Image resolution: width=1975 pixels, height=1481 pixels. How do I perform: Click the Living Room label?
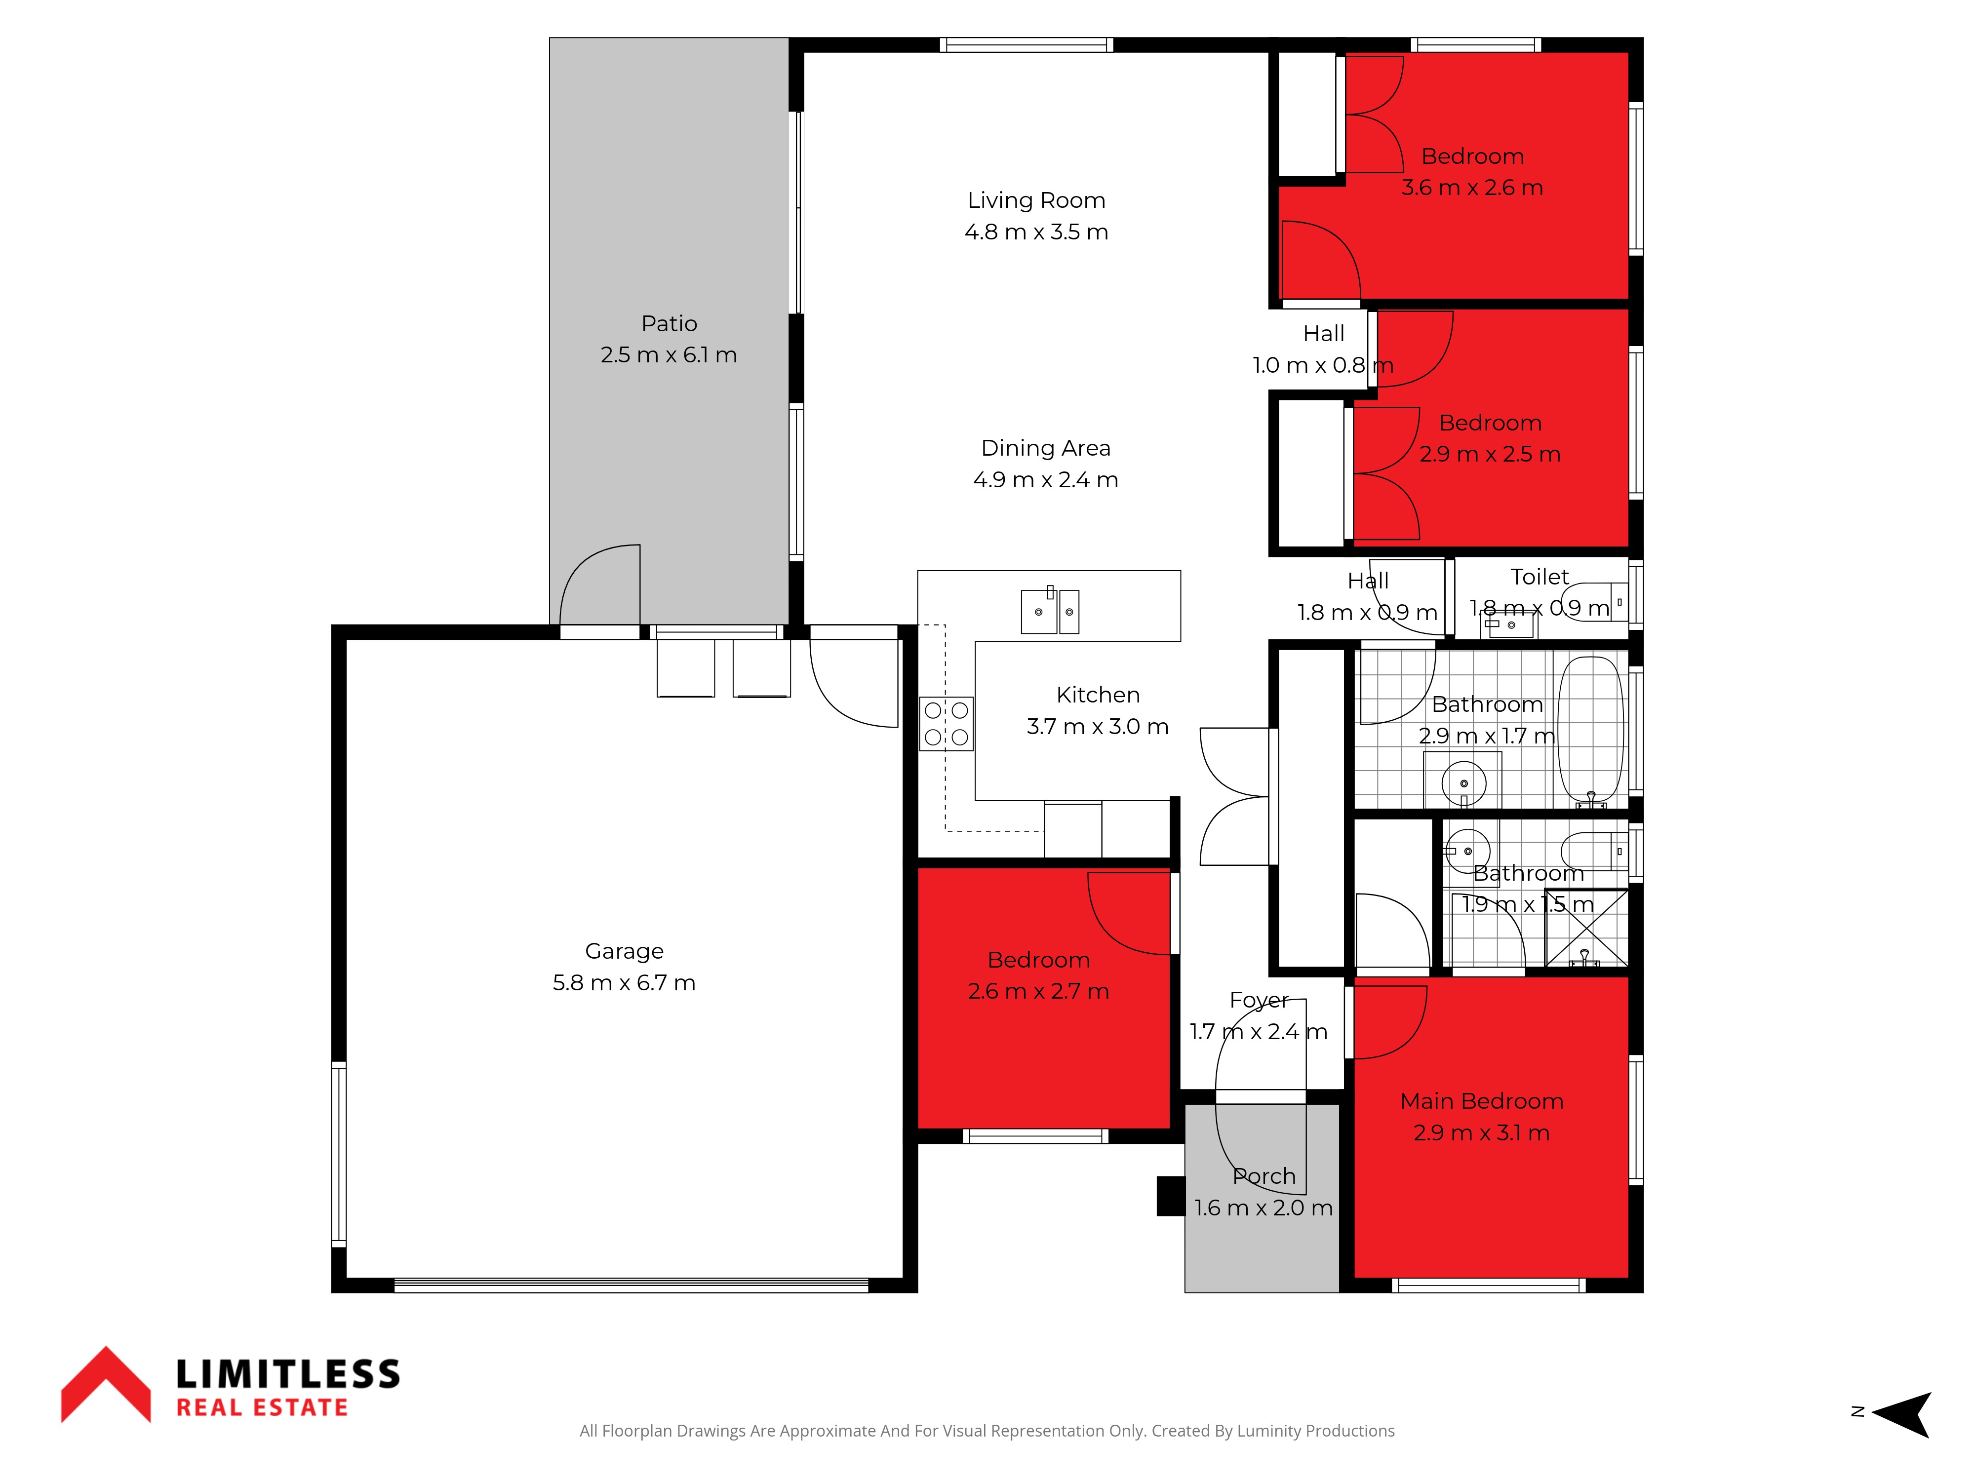1036,201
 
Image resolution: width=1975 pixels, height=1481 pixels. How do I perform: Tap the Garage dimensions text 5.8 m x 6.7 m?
624,983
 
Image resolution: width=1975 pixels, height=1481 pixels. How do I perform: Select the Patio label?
669,323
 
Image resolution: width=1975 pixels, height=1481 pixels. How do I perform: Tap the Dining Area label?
1046,448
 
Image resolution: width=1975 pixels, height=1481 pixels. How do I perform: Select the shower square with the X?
1586,928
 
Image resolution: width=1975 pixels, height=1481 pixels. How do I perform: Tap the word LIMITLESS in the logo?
287,1374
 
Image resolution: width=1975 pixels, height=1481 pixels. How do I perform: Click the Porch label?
1264,1176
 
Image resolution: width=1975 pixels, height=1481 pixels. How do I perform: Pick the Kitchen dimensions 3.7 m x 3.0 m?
1097,727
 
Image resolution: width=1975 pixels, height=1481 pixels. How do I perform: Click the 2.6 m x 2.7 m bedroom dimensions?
1038,992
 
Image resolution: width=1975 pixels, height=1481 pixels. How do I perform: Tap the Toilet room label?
1540,577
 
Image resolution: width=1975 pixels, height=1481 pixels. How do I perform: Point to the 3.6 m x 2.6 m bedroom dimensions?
1472,188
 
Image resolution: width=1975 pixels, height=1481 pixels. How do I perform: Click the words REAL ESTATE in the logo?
262,1408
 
